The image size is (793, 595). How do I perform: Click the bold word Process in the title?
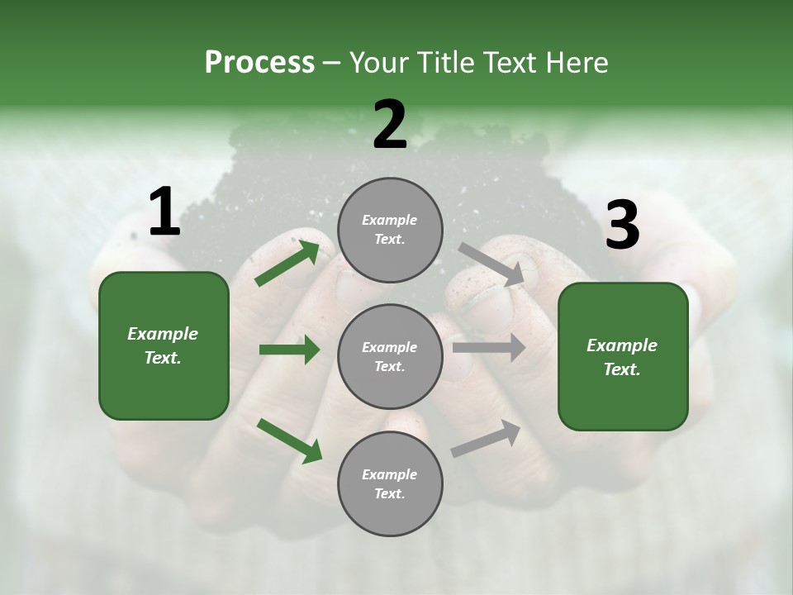pyautogui.click(x=259, y=62)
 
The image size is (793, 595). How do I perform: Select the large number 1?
pyautogui.click(x=164, y=212)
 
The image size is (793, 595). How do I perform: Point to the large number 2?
pyautogui.click(x=390, y=125)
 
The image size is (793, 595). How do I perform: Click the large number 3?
pyautogui.click(x=622, y=225)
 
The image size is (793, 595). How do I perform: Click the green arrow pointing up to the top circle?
pyautogui.click(x=287, y=264)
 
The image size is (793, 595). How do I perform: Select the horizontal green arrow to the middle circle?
pyautogui.click(x=289, y=350)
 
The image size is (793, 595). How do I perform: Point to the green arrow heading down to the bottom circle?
pyautogui.click(x=289, y=440)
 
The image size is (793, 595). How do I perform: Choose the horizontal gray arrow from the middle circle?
pyautogui.click(x=488, y=348)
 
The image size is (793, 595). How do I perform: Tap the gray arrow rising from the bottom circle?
pyautogui.click(x=486, y=438)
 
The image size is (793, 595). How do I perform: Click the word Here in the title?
pyautogui.click(x=574, y=62)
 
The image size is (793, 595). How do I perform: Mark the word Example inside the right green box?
pyautogui.click(x=622, y=345)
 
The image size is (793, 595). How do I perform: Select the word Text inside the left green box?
pyautogui.click(x=162, y=358)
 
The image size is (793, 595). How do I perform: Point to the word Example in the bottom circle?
pyautogui.click(x=390, y=474)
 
